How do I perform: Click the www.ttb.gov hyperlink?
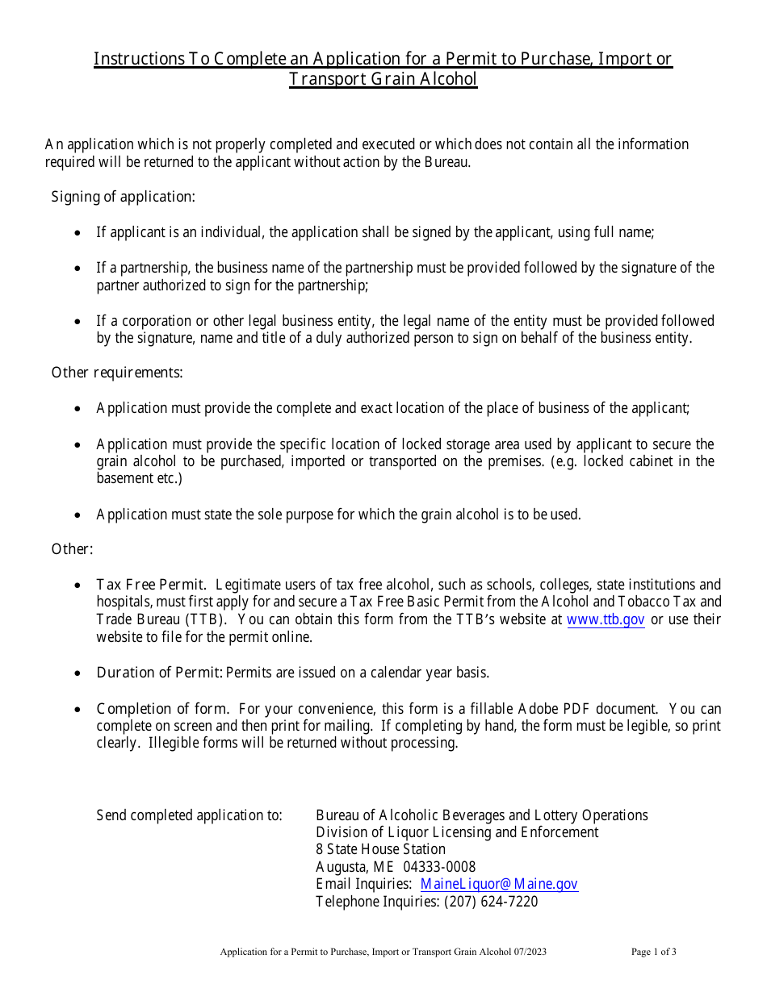tap(606, 619)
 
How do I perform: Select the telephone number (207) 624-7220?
tap(491, 902)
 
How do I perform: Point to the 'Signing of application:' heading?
tap(124, 197)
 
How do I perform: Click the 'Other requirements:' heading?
tap(117, 373)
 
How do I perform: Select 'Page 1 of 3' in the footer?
tap(654, 952)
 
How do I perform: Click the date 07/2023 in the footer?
tap(530, 952)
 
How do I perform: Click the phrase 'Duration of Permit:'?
tap(159, 673)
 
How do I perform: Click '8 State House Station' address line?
tap(380, 849)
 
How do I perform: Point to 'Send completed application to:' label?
tap(189, 815)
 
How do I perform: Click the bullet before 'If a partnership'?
tap(78, 269)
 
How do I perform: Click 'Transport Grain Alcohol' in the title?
tap(383, 79)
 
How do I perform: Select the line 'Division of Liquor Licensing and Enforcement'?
tap(457, 832)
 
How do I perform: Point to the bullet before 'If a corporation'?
tap(78, 322)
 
